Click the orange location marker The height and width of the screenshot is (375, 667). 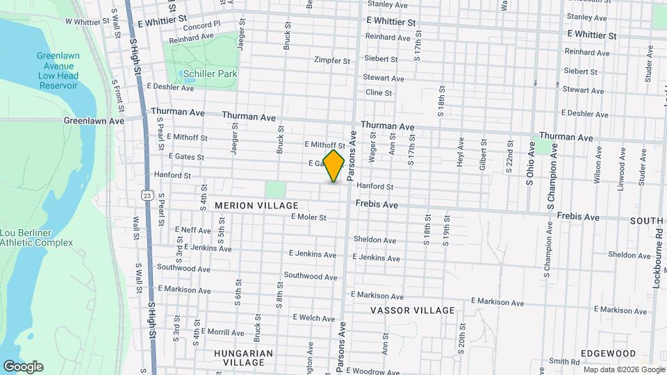point(334,165)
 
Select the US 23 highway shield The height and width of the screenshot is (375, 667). point(147,196)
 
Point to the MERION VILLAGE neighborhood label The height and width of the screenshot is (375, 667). point(256,206)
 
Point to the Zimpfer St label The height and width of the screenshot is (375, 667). point(332,60)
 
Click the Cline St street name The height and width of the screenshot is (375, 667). point(379,92)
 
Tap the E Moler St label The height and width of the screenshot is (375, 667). point(309,217)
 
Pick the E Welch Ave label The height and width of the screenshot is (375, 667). point(315,317)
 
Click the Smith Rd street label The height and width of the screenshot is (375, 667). point(563,361)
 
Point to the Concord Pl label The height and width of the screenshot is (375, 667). point(202,24)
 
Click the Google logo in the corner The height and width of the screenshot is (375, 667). point(23,367)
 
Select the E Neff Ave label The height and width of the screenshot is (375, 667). point(192,230)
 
